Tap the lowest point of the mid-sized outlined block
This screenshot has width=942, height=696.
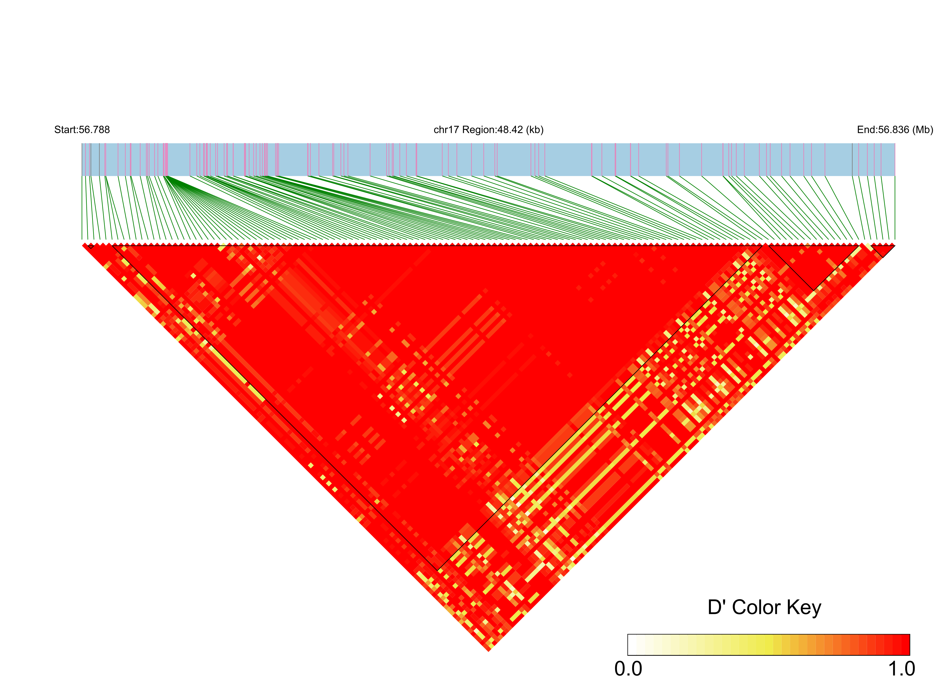point(813,290)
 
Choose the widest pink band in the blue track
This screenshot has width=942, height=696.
point(166,159)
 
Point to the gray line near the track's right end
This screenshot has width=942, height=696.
point(852,159)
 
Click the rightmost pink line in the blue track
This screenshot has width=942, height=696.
point(882,159)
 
